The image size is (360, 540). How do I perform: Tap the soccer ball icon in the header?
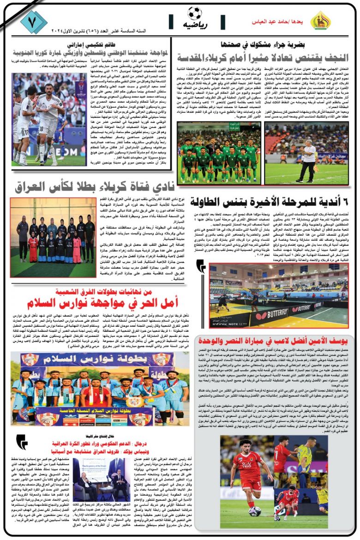(194, 13)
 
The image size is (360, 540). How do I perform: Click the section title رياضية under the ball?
(194, 24)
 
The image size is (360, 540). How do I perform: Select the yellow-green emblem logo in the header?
(320, 20)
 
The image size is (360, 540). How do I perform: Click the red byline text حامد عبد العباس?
(272, 22)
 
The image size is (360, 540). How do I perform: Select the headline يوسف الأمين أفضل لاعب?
(273, 341)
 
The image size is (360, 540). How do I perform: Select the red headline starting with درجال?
(97, 445)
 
